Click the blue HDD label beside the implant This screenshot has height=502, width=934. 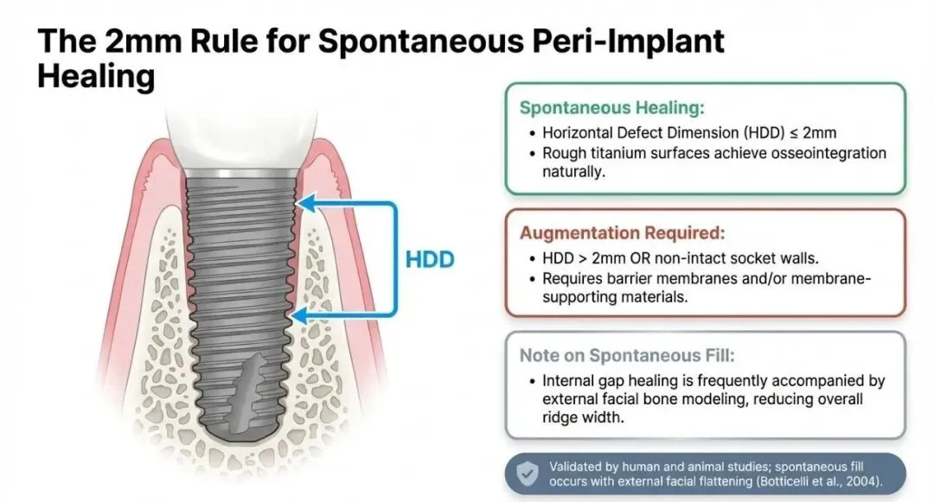pos(430,259)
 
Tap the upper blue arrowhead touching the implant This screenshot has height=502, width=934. pos(304,203)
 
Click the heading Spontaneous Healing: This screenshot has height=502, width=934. pos(612,108)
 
